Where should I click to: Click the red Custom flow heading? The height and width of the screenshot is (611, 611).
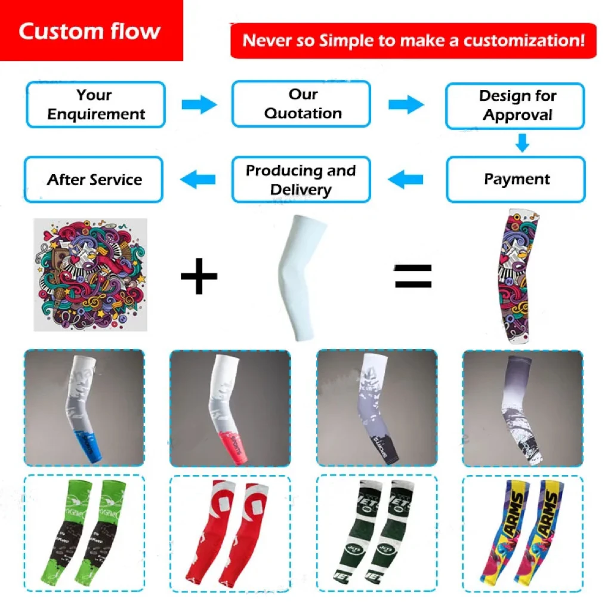tap(90, 31)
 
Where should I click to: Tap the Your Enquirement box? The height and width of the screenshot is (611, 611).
tap(95, 104)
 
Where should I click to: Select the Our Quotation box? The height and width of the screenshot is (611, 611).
tap(301, 104)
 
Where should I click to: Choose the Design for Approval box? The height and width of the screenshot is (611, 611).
tap(516, 106)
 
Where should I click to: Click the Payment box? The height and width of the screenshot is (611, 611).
tap(516, 179)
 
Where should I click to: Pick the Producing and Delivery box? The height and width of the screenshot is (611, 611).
tap(301, 180)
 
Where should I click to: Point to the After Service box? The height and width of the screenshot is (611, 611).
tap(94, 180)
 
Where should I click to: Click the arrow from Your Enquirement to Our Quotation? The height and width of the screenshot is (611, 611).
tap(199, 105)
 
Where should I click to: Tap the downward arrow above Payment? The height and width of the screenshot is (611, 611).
tap(522, 143)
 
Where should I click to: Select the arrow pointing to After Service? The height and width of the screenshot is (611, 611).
tap(198, 178)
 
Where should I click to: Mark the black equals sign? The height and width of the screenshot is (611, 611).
tap(413, 277)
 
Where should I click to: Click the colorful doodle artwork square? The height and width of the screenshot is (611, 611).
tap(90, 274)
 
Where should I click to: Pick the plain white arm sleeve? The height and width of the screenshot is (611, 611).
tap(301, 277)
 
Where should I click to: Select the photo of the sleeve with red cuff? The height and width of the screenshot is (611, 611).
tap(230, 408)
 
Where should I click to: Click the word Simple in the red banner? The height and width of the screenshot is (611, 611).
tap(342, 41)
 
